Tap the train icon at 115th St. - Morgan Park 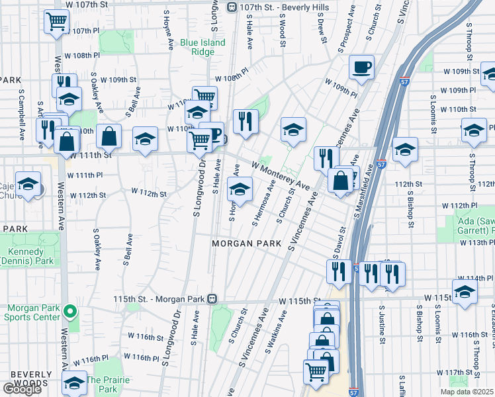(x=212, y=299)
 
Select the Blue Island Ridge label (x=202, y=48)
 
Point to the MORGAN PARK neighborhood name (x=242, y=243)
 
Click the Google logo (x=22, y=389)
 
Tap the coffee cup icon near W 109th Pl (x=361, y=67)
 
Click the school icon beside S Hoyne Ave (x=239, y=189)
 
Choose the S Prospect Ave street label (x=345, y=38)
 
